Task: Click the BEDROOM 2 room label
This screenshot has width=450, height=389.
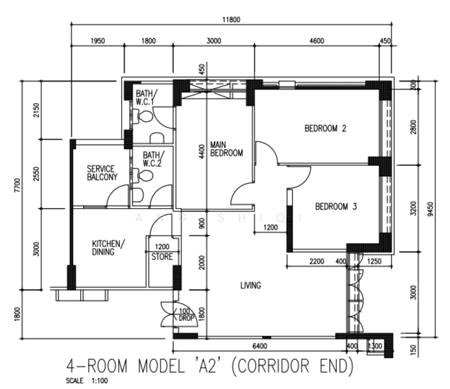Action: (325, 128)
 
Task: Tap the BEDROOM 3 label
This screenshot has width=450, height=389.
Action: (336, 207)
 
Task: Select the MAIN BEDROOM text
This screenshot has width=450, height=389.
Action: (226, 148)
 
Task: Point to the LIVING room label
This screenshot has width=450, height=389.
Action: (250, 285)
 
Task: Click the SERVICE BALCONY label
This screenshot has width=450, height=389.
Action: (102, 172)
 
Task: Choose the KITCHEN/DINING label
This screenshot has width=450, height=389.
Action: (108, 248)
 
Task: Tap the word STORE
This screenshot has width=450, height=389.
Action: (162, 257)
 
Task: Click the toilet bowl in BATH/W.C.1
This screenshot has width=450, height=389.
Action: (145, 116)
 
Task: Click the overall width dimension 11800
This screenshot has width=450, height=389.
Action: (231, 19)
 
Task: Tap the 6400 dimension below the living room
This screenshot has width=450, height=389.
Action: (260, 346)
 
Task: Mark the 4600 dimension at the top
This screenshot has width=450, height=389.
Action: (317, 41)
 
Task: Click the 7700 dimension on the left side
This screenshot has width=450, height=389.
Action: (18, 185)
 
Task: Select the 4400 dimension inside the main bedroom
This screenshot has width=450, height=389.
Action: (202, 152)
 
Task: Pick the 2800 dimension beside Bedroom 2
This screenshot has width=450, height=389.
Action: (413, 127)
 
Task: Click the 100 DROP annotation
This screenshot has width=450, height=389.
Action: (186, 314)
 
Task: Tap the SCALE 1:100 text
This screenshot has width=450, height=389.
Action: (87, 381)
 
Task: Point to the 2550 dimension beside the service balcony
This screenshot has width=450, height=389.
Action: (36, 174)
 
